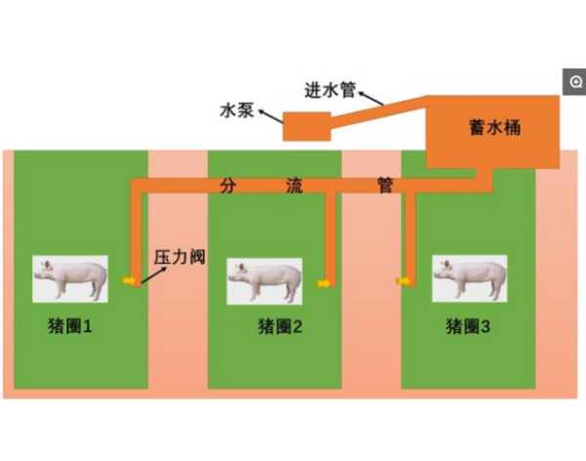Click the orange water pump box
pos(307,126)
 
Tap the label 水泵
pos(237,110)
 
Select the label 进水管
pos(330,90)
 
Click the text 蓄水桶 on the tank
pos(495,128)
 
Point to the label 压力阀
pos(180,257)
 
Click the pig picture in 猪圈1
pos(70,279)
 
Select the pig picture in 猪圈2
pos(265,281)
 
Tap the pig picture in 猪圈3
pos(470,278)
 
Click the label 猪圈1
pos(70,326)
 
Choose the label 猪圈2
pos(280,326)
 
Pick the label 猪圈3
pos(468,326)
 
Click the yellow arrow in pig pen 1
pos(129,280)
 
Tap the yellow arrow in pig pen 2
pos(323,283)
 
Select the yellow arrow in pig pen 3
pos(403,280)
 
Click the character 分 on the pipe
pos(228,186)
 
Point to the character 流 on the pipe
pos(294,186)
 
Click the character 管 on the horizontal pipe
pos(385,186)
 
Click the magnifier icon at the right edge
pos(576,81)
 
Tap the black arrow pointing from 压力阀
pos(153,275)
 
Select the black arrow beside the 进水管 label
pos(371,99)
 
